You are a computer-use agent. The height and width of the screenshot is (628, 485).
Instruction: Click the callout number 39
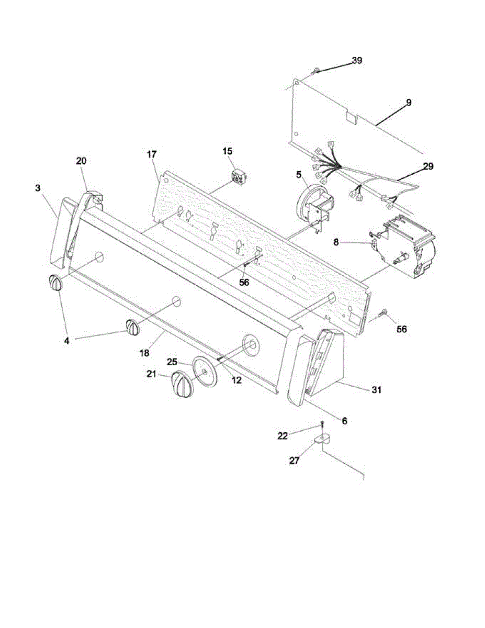coord(356,61)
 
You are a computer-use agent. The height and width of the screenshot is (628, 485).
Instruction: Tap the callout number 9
coord(408,103)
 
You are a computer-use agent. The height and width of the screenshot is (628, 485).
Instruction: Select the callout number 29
coord(428,166)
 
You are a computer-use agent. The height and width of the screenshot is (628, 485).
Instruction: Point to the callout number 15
coord(228,151)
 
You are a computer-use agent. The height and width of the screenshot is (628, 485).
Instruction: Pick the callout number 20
coord(81,161)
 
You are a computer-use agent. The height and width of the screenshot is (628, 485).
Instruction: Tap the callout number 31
coord(376,390)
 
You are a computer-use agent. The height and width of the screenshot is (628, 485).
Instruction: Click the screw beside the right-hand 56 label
coord(383,313)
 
